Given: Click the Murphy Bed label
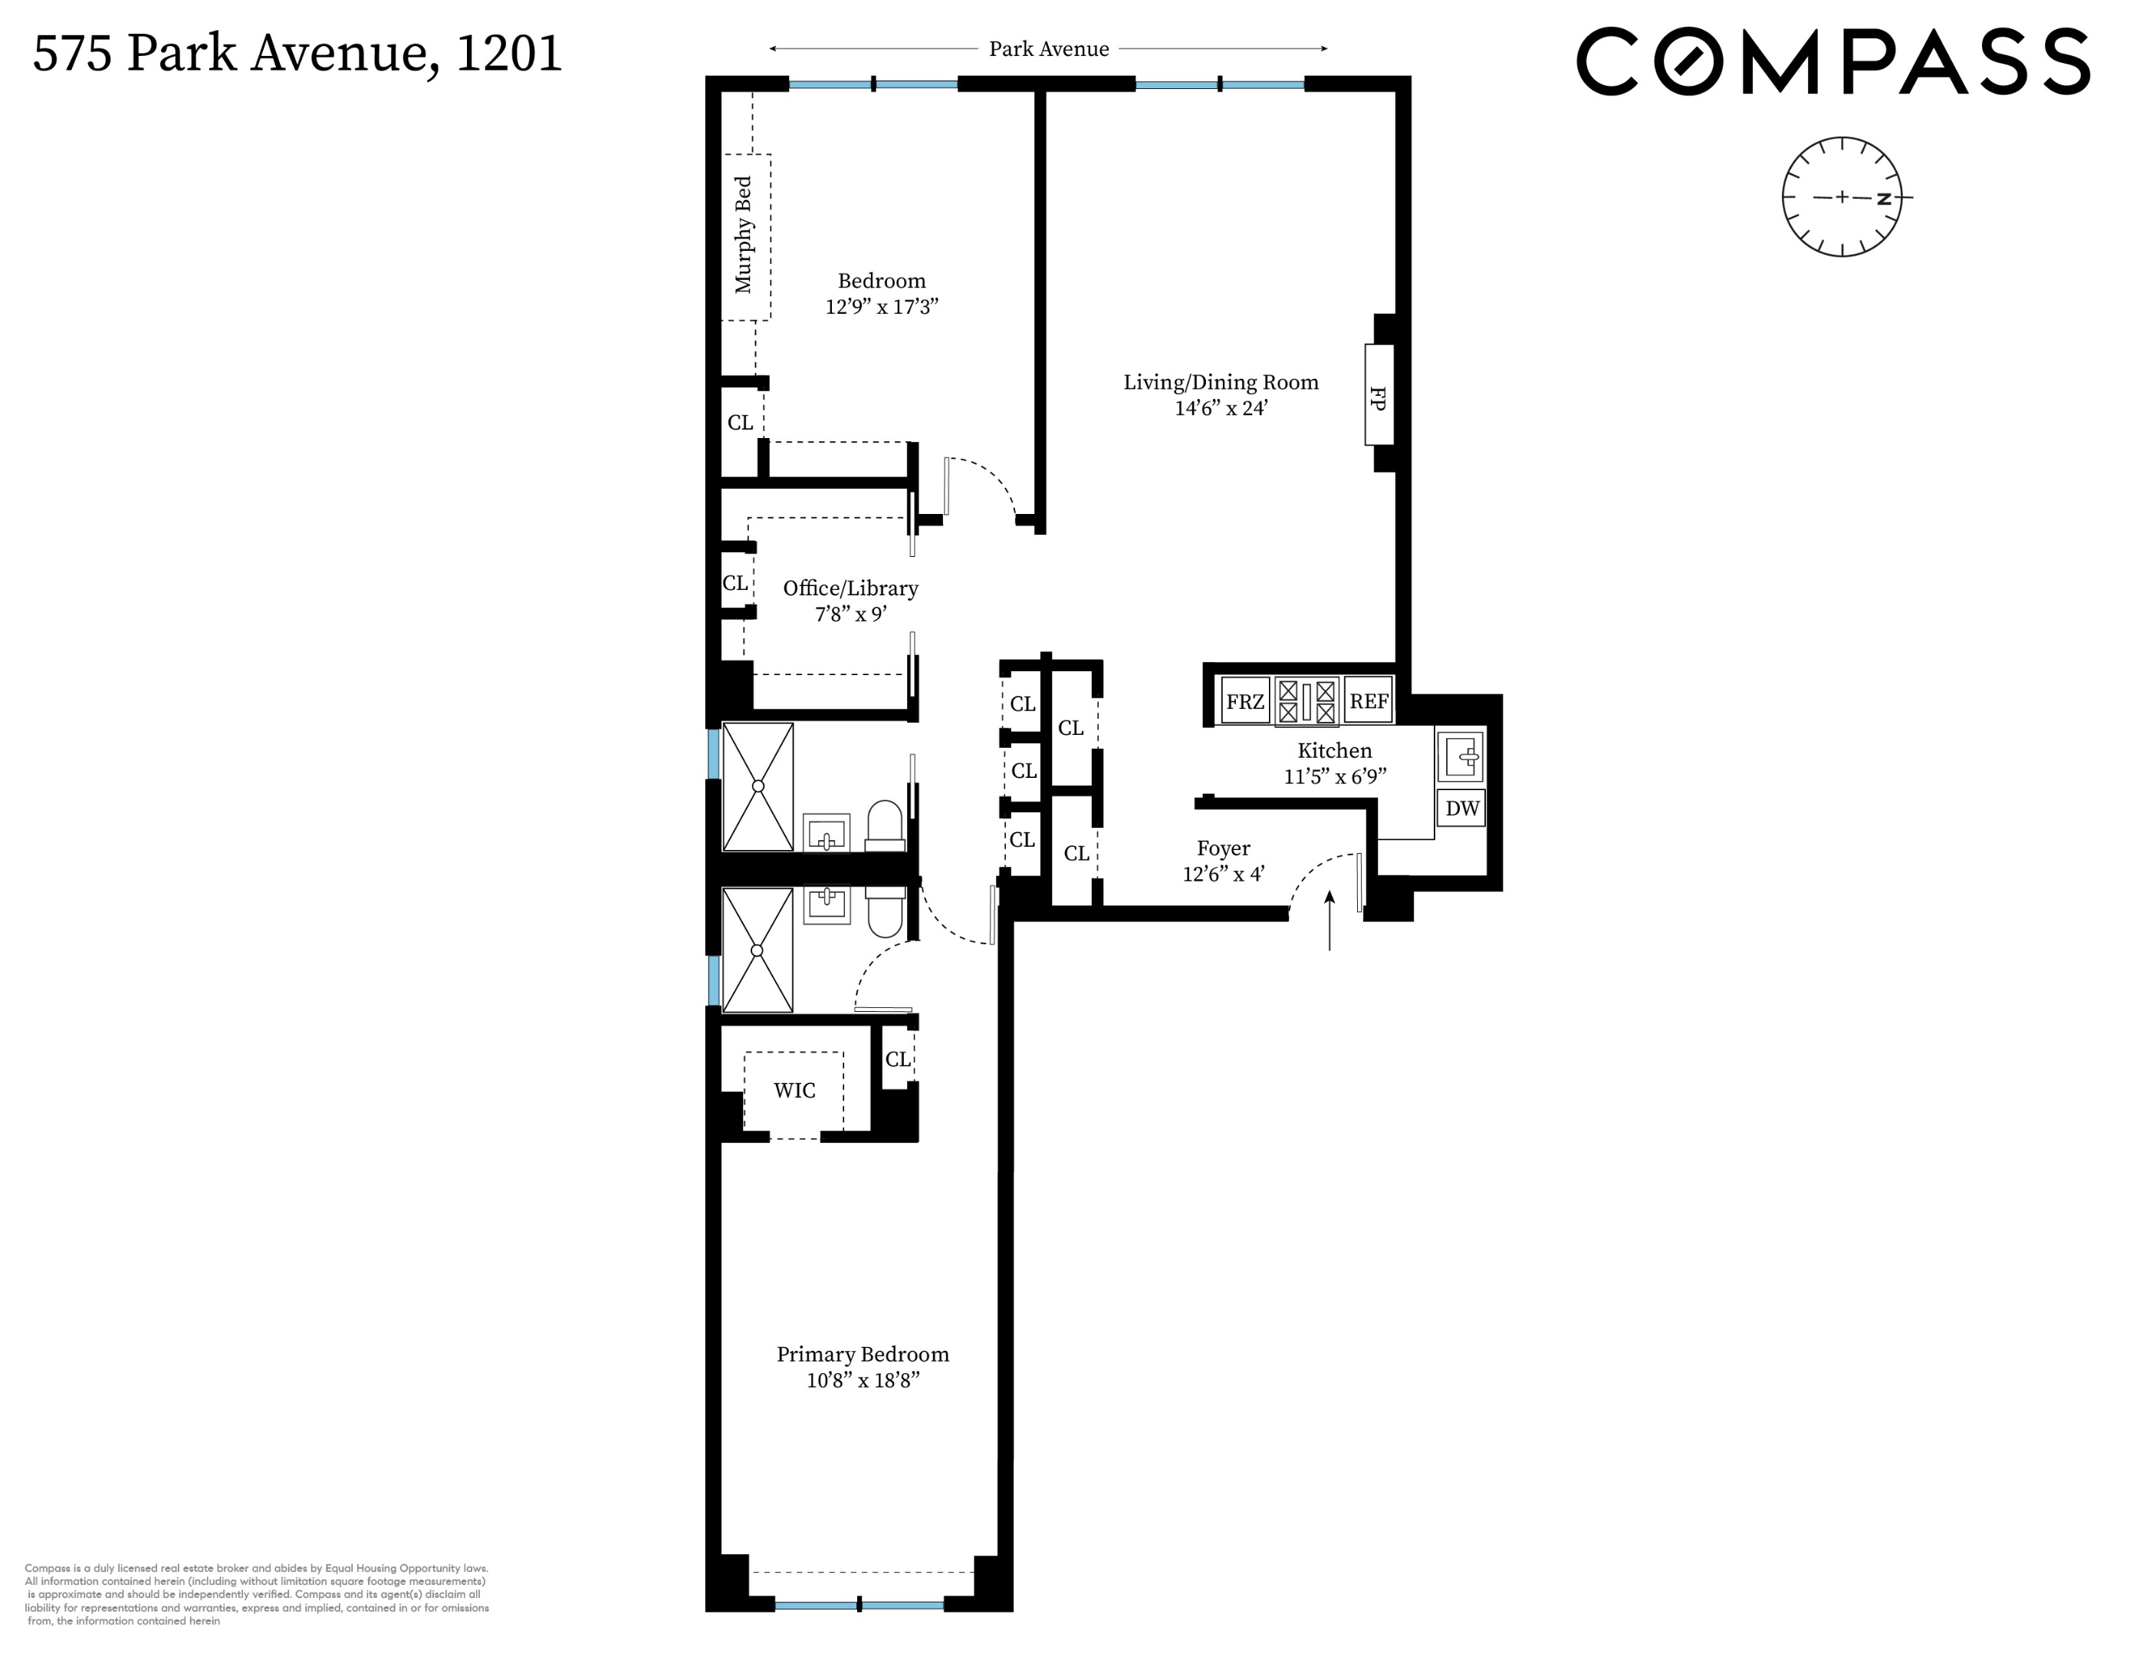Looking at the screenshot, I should click(x=744, y=236).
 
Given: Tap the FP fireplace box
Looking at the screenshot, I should click(x=1379, y=394).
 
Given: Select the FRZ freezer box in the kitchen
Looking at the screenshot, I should click(x=1245, y=702).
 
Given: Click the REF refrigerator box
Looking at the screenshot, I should click(x=1369, y=702).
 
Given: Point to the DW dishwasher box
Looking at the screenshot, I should click(x=1462, y=809).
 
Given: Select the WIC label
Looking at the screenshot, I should click(x=794, y=1091).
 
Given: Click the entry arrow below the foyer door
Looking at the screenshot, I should click(x=1330, y=920).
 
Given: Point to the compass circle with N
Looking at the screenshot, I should click(x=1842, y=197).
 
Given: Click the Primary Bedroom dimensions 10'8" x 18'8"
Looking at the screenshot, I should click(x=863, y=1381).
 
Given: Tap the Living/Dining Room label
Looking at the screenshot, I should click(x=1221, y=383).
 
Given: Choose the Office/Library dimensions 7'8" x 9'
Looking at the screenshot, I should click(x=851, y=614).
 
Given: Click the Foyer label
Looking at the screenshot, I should click(x=1223, y=848).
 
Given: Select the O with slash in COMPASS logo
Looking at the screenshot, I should click(x=1688, y=62).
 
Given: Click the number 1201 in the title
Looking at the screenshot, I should click(x=508, y=54).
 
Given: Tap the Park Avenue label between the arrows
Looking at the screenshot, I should click(x=1049, y=49).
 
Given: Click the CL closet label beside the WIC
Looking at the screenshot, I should click(x=898, y=1059).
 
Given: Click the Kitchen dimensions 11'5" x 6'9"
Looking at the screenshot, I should click(x=1334, y=776).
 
